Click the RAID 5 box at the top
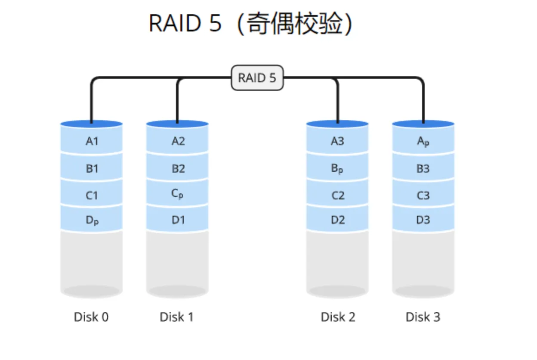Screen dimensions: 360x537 (257, 78)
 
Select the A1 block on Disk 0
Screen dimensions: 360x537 (92, 141)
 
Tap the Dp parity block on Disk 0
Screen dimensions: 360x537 (92, 220)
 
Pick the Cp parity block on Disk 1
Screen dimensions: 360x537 (177, 194)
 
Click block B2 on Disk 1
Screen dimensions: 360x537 (178, 168)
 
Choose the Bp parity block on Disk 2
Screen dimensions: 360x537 (337, 168)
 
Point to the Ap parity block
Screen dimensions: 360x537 (423, 141)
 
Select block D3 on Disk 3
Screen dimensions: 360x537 (423, 220)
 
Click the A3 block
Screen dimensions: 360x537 (337, 141)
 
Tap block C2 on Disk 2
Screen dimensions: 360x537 (337, 196)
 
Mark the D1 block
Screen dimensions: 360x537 (178, 220)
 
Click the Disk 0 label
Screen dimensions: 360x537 (91, 317)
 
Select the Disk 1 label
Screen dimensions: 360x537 (176, 317)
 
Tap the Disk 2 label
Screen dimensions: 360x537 (338, 317)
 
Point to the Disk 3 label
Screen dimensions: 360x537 (423, 317)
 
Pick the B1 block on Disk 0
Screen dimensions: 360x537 (92, 168)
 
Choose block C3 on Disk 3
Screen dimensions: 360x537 (423, 196)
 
